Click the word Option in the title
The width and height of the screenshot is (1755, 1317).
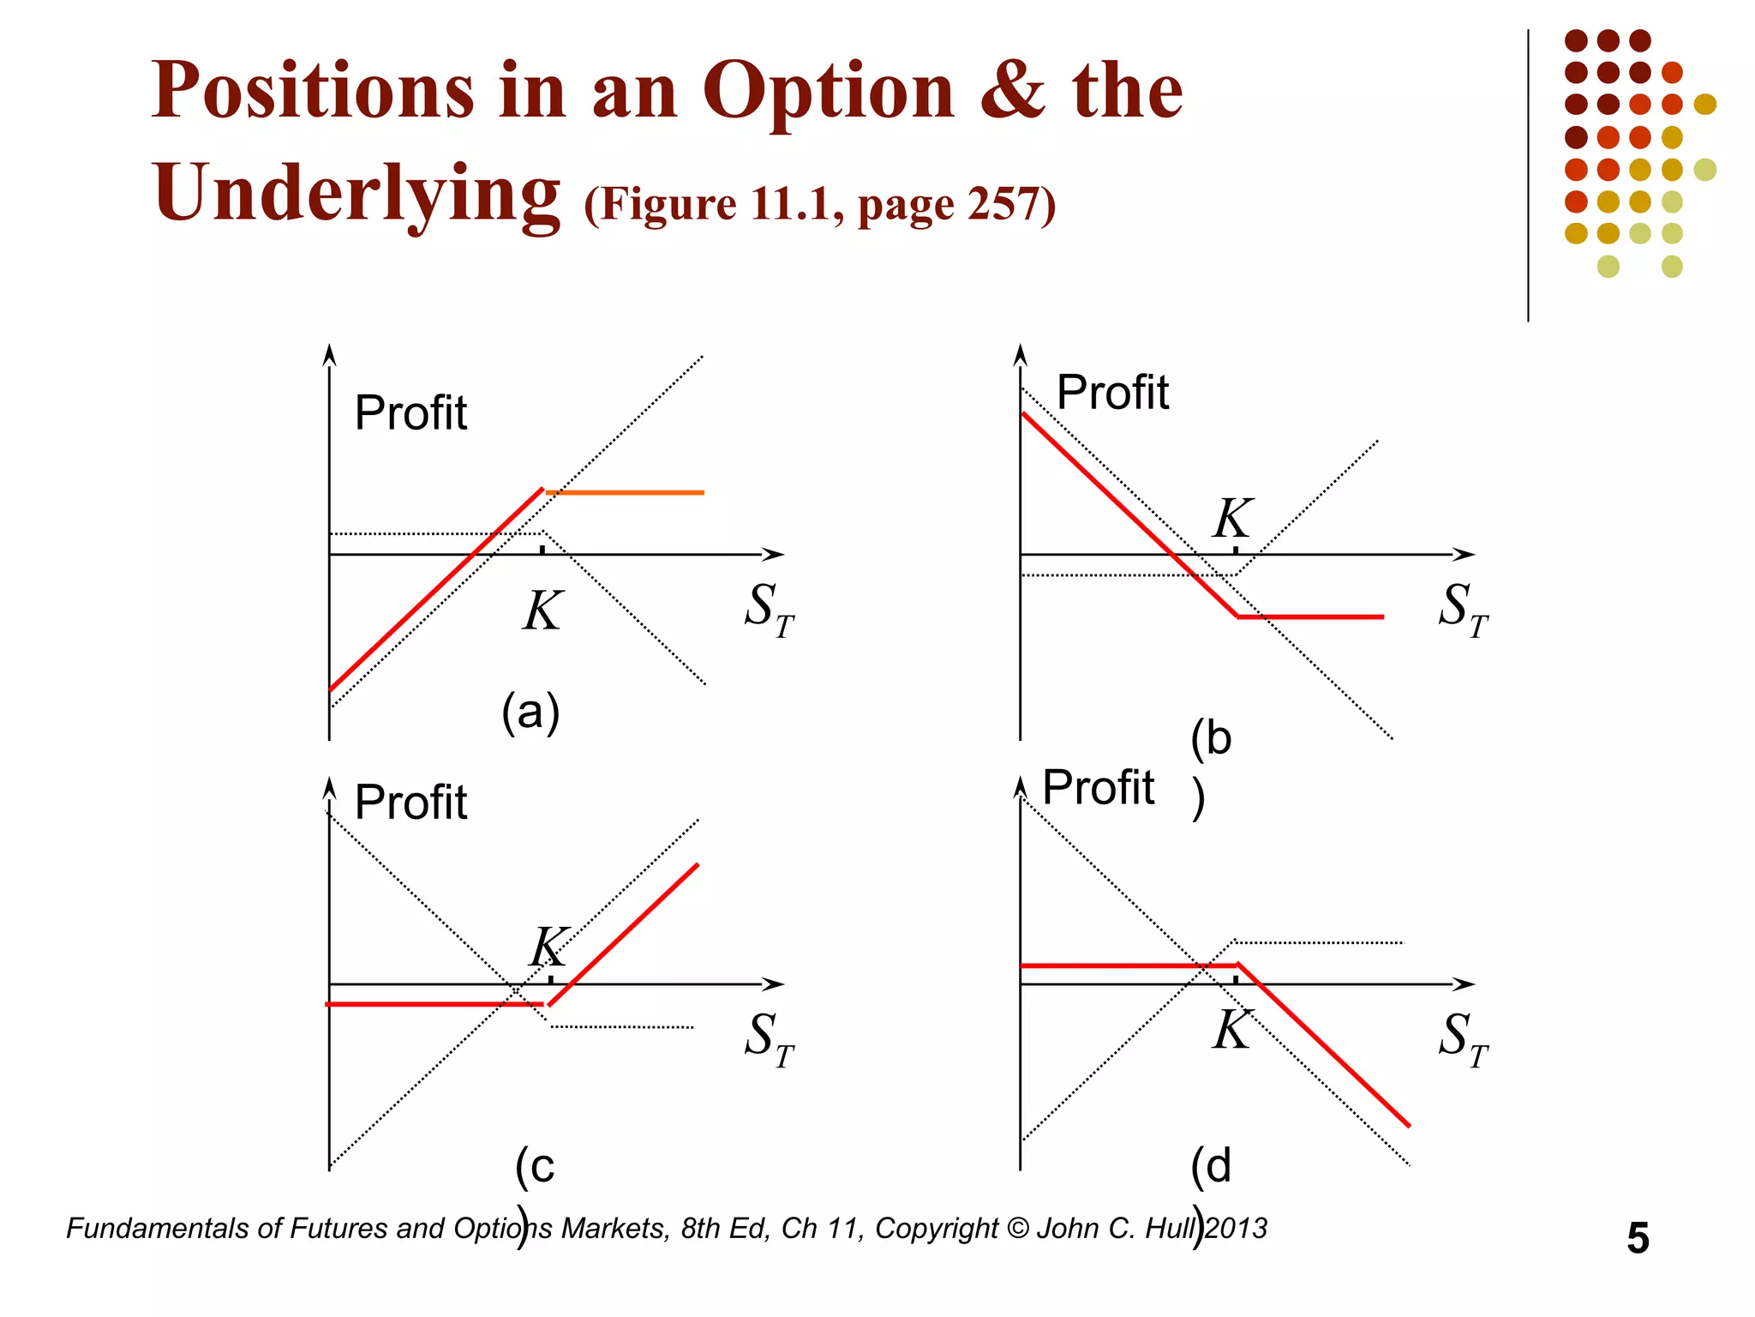pos(828,93)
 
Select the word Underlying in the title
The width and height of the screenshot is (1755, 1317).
pos(356,194)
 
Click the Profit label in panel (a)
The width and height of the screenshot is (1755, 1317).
pos(410,413)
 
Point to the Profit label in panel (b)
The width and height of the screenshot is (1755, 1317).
pos(1112,393)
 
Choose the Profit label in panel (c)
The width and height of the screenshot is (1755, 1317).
pos(410,803)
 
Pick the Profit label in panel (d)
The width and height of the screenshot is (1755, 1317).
pos(1098,787)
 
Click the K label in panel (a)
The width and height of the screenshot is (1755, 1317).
pos(542,611)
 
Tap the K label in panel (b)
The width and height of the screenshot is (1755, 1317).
pos(1233,518)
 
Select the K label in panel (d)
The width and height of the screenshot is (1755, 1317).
pos(1232,1030)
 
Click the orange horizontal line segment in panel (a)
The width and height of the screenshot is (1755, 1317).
pos(626,493)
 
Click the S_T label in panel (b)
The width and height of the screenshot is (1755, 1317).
pos(1463,609)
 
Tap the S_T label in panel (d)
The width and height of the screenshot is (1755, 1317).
pos(1463,1038)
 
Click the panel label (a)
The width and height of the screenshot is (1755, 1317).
pos(530,712)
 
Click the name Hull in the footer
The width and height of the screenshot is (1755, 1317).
pos(1171,1229)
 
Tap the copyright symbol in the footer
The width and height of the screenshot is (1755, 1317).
pos(1018,1229)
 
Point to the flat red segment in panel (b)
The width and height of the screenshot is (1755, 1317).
pos(1311,616)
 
